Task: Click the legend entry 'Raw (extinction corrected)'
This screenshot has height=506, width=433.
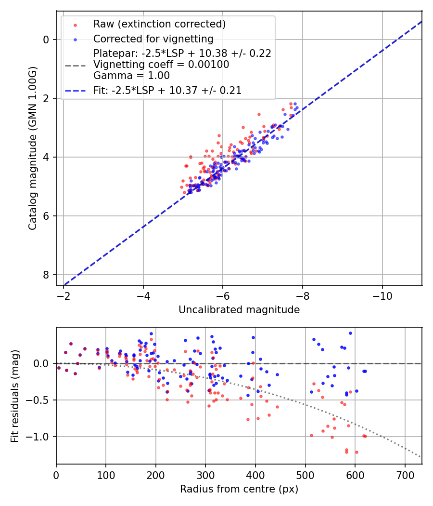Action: pyautogui.click(x=159, y=24)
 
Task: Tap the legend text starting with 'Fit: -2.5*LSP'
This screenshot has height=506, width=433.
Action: pyautogui.click(x=167, y=90)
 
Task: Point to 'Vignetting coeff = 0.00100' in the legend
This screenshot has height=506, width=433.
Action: pyautogui.click(x=161, y=64)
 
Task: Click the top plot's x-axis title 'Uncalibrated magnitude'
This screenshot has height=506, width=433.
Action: pyautogui.click(x=239, y=310)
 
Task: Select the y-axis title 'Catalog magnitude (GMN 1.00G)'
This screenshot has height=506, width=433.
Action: pyautogui.click(x=32, y=148)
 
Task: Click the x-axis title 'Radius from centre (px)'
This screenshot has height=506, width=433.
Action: pyautogui.click(x=239, y=489)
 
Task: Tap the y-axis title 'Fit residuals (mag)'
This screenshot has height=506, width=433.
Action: pyautogui.click(x=15, y=396)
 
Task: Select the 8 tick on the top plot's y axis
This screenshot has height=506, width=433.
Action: pyautogui.click(x=47, y=275)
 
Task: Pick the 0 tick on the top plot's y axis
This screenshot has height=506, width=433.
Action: pyautogui.click(x=47, y=40)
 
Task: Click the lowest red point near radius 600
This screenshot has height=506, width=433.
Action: pyautogui.click(x=357, y=452)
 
